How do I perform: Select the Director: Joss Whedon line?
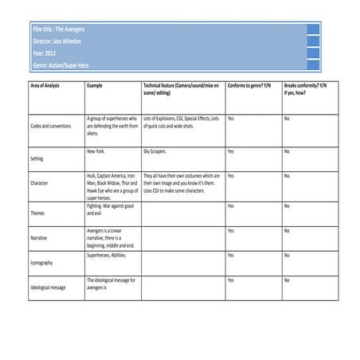click(57, 41)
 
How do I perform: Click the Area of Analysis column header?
click(45, 84)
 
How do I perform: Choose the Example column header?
click(96, 84)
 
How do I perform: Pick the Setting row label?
click(37, 158)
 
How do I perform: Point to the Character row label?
click(39, 183)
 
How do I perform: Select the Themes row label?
click(37, 213)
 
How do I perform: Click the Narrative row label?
click(39, 238)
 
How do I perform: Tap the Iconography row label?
click(42, 262)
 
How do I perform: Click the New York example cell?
click(96, 151)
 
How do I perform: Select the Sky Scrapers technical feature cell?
click(158, 151)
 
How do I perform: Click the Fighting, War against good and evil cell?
click(110, 209)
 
